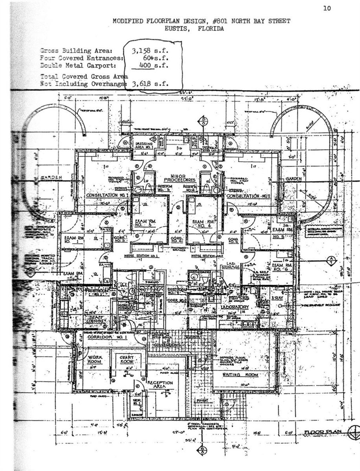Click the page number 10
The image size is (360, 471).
click(327, 8)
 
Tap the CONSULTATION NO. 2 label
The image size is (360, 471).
click(248, 196)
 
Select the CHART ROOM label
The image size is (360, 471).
click(126, 359)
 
